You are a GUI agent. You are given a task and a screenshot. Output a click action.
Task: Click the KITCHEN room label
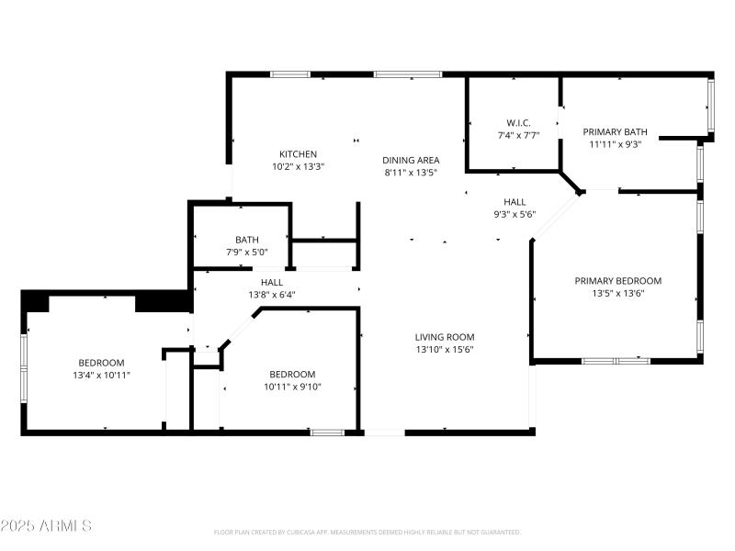(299, 154)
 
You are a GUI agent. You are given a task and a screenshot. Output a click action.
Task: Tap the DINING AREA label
(411, 160)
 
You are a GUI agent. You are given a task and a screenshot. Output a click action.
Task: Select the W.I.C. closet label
(518, 123)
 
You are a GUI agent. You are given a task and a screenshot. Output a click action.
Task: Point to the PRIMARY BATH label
(616, 131)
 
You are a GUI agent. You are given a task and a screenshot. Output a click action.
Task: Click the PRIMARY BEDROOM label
(617, 281)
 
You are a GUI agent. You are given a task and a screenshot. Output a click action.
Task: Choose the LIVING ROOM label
(445, 337)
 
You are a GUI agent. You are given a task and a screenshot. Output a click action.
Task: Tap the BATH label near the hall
(246, 240)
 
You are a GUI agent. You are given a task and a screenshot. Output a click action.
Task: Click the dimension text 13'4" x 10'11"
(101, 376)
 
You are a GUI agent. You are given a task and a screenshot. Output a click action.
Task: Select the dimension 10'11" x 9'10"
(292, 387)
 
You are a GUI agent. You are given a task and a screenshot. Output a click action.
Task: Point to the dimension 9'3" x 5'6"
(514, 214)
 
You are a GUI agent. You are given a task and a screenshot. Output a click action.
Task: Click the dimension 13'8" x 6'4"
(271, 295)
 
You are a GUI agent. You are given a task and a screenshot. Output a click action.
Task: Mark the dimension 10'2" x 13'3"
(299, 167)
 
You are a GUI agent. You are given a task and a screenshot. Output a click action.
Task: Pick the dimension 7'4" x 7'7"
(518, 135)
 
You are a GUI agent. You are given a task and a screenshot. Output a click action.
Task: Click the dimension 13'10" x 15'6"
(445, 349)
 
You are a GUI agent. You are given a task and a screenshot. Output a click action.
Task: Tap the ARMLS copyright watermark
(46, 526)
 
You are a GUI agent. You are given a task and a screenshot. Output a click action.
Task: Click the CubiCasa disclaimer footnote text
(367, 532)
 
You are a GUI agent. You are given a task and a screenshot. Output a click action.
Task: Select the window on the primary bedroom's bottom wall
(615, 361)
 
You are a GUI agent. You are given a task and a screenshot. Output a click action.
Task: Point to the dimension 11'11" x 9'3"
(616, 143)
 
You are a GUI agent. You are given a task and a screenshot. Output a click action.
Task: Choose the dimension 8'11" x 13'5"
(411, 172)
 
